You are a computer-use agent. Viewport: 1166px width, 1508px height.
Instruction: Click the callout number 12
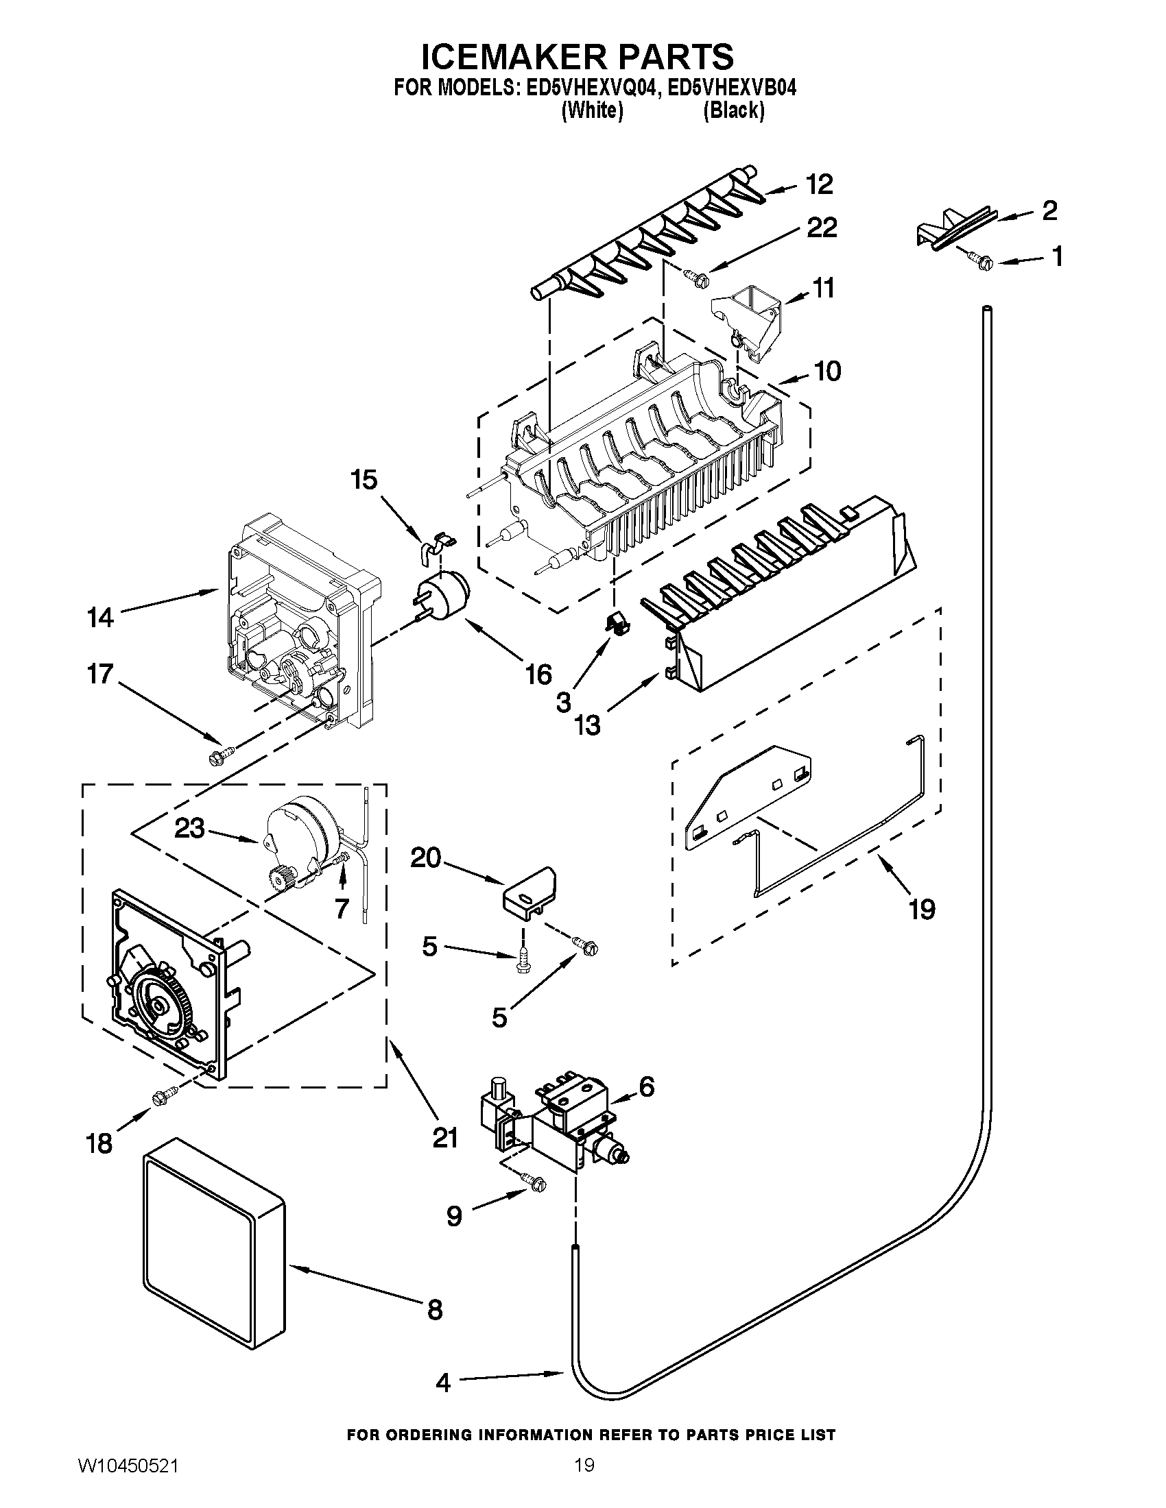coord(819,184)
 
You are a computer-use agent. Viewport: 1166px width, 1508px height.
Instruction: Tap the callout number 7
coord(342,909)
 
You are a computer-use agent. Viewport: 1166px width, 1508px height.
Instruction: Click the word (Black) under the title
coord(734,110)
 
